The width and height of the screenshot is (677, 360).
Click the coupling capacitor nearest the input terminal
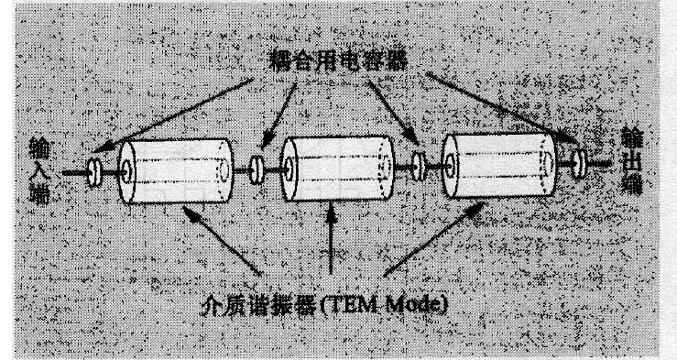point(93,172)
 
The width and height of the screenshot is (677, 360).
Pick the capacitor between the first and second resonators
point(257,168)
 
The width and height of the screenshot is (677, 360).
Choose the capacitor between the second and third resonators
point(418,166)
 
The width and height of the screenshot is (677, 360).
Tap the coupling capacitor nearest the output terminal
point(577,164)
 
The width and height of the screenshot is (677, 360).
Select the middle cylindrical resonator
point(333,169)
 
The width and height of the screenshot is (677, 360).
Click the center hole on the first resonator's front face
point(125,172)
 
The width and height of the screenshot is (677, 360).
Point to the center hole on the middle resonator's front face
point(287,169)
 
